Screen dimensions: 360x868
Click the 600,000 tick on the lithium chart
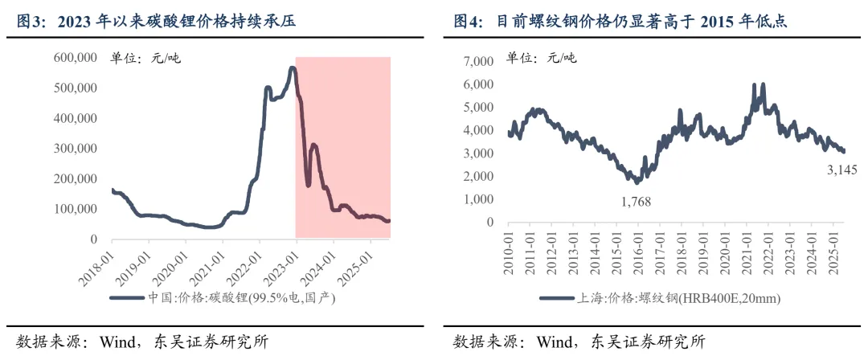(x=76, y=57)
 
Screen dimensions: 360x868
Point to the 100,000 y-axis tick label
(x=76, y=209)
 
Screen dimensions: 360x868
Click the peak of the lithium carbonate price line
(x=292, y=68)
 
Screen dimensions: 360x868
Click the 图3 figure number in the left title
(x=31, y=21)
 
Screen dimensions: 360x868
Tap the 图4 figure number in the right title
(x=469, y=21)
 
